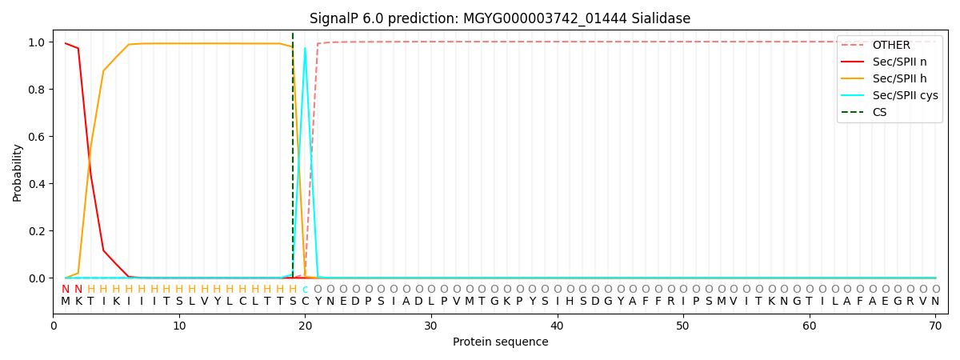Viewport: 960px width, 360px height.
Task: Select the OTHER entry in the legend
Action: [x=888, y=45]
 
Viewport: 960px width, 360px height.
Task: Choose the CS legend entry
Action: [x=879, y=112]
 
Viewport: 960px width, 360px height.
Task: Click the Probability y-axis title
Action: [x=18, y=172]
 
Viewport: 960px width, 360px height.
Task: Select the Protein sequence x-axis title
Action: [x=500, y=342]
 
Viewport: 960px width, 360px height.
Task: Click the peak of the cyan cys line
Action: [x=305, y=48]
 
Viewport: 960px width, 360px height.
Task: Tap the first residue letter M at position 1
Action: [x=66, y=302]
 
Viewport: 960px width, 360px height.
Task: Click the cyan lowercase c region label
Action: [x=305, y=290]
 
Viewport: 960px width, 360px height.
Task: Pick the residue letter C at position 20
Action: [x=305, y=302]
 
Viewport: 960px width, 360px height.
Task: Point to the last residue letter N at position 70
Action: [x=935, y=302]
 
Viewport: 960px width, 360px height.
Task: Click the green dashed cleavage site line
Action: [x=293, y=160]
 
